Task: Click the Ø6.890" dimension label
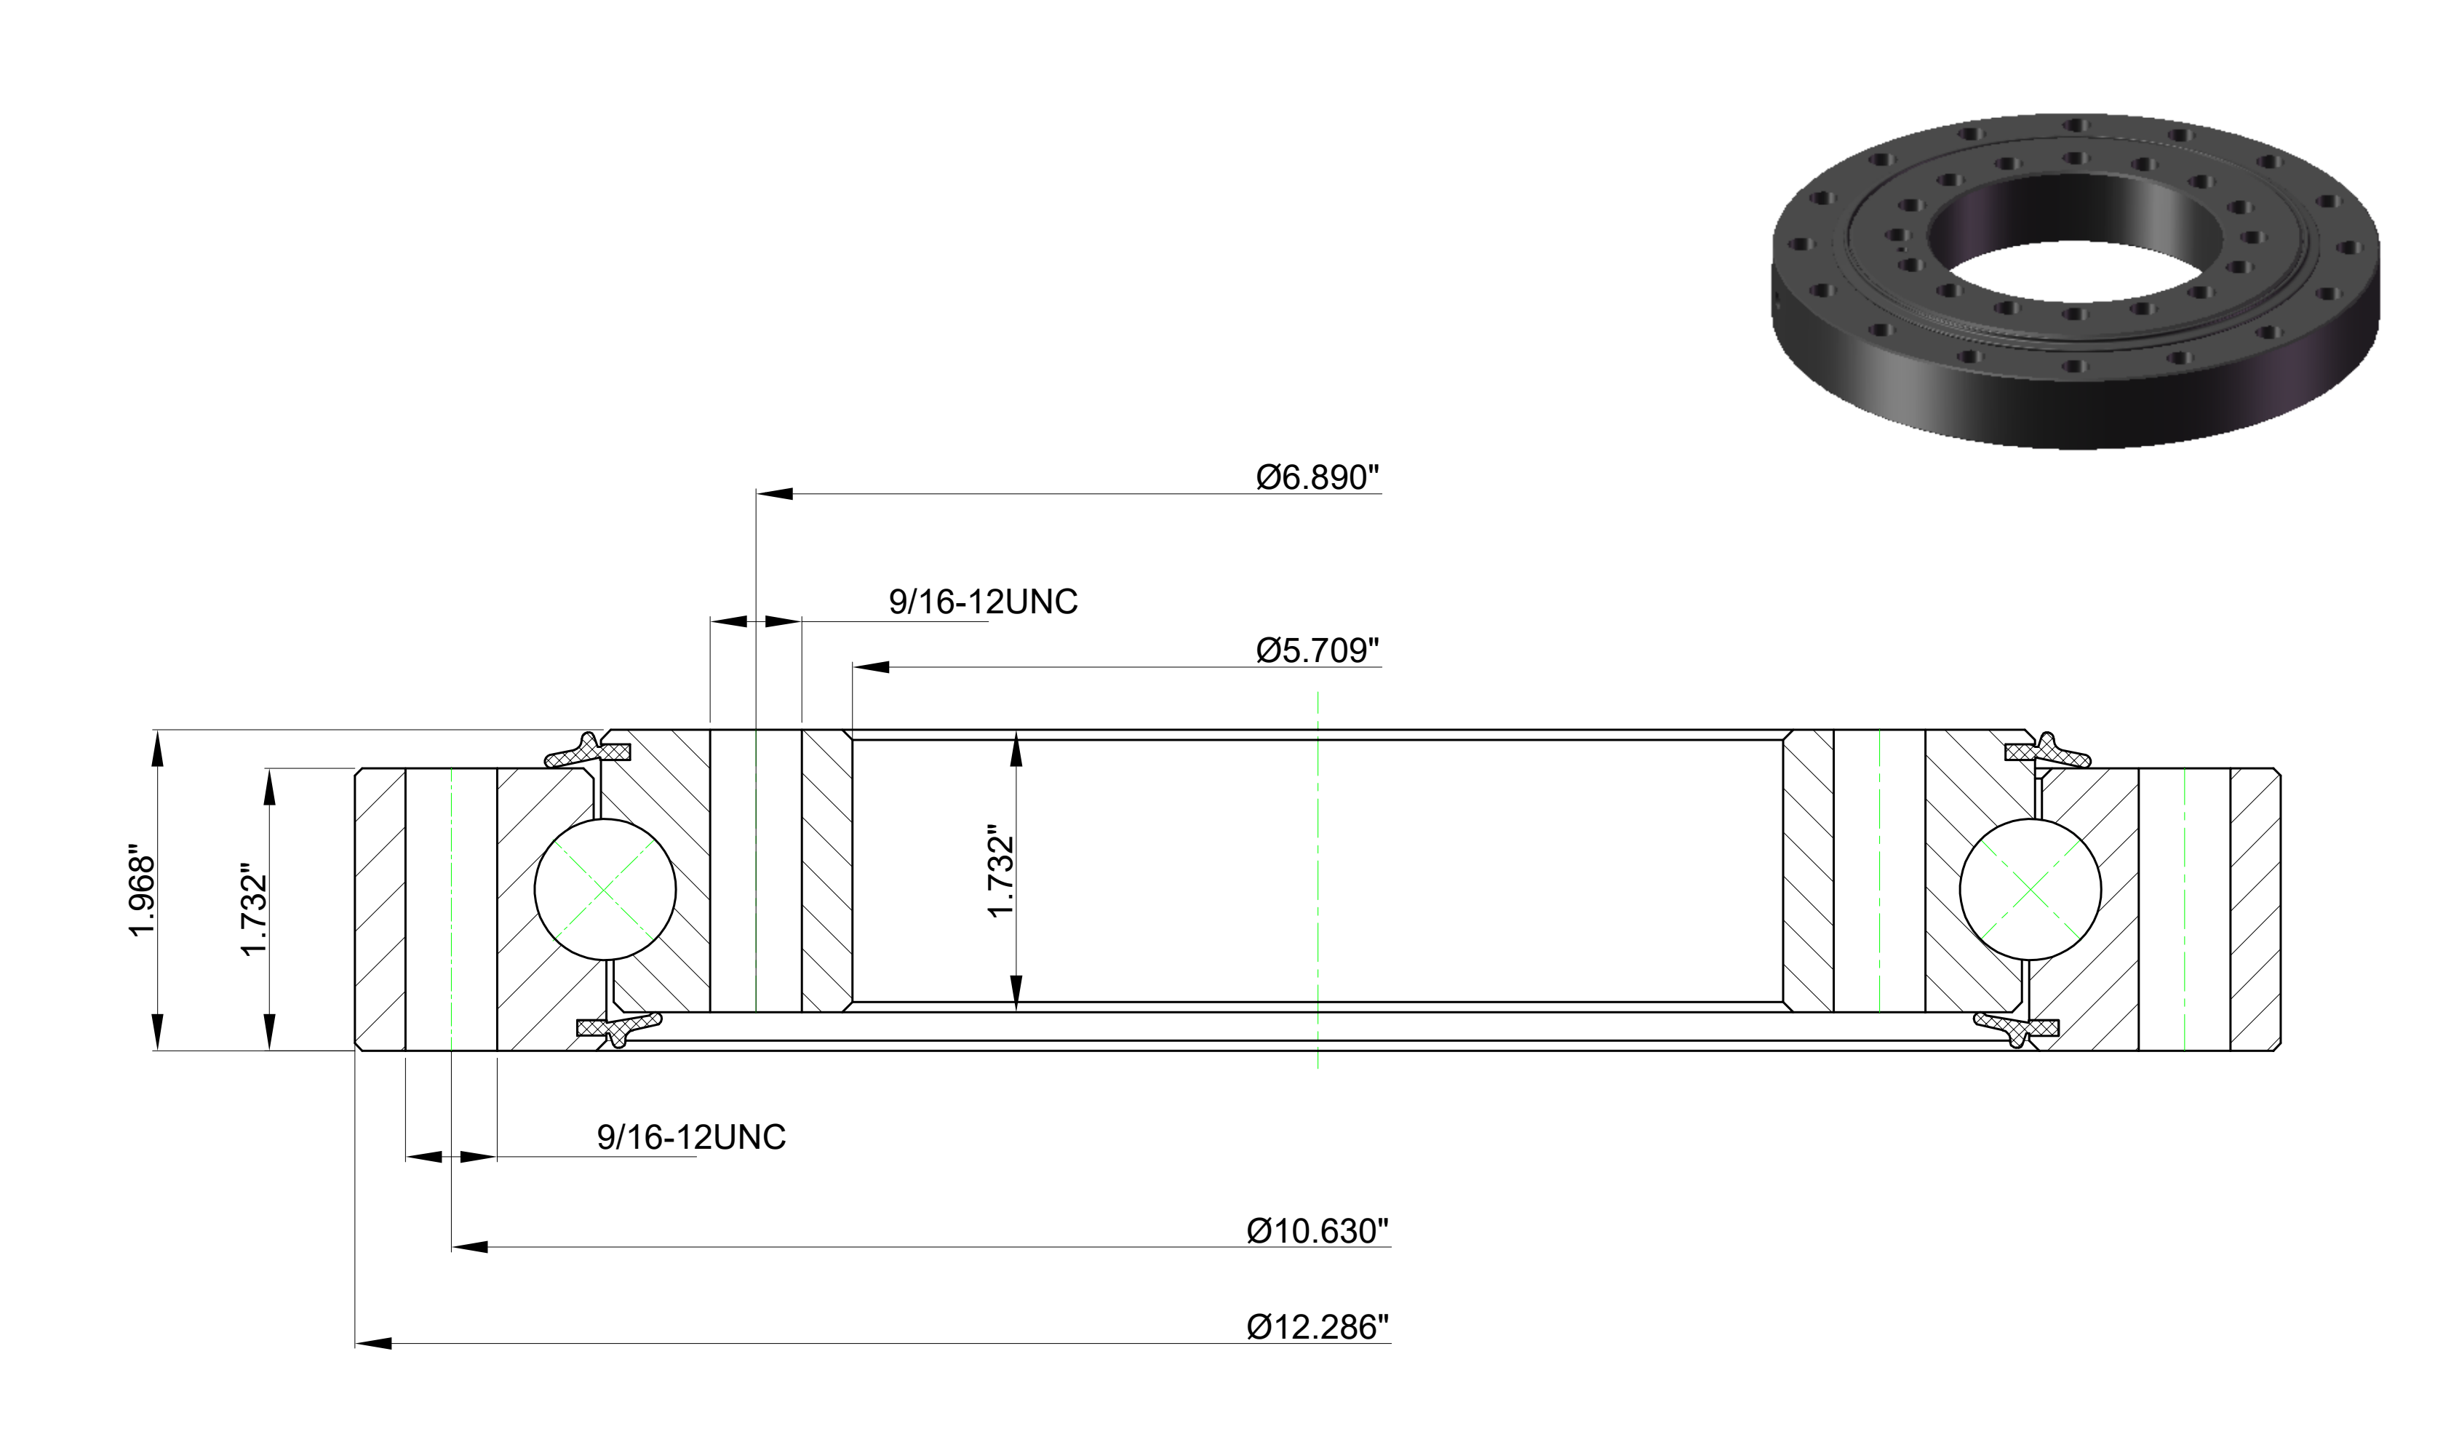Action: point(1318,477)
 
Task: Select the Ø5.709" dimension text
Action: point(1318,650)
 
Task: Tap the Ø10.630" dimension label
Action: point(1318,1231)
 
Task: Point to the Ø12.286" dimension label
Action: point(1318,1327)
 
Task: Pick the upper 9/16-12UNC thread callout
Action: point(983,602)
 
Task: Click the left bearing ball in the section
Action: point(605,890)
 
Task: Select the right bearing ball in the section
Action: point(2030,890)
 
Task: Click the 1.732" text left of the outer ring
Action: point(254,909)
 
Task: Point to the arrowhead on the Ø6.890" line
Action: point(775,494)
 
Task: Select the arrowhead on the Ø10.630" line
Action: point(469,1247)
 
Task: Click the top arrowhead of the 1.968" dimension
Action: point(157,749)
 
